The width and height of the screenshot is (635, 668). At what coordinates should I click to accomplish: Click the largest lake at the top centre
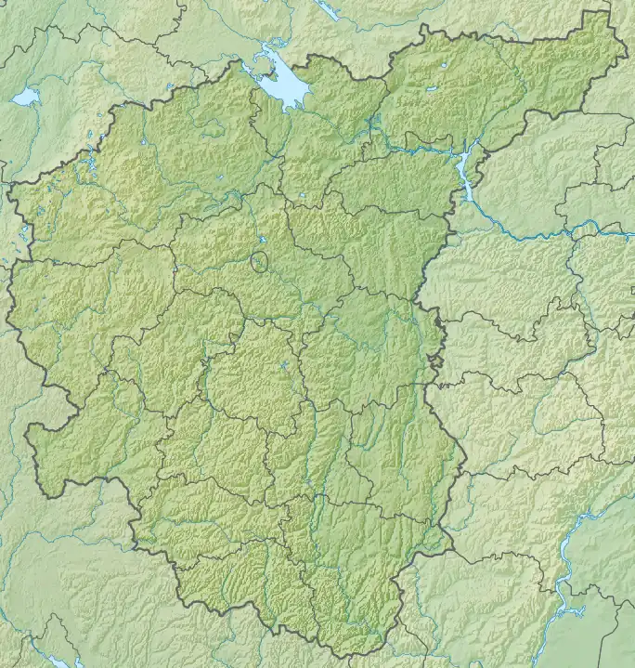point(282,86)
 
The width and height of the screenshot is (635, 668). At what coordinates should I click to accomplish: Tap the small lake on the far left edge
point(25,96)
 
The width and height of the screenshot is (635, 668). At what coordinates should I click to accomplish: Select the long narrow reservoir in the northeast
point(465,177)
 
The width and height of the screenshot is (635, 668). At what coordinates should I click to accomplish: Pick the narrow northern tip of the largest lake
point(269,46)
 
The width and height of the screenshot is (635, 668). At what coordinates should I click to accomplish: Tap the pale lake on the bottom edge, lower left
point(58,662)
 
